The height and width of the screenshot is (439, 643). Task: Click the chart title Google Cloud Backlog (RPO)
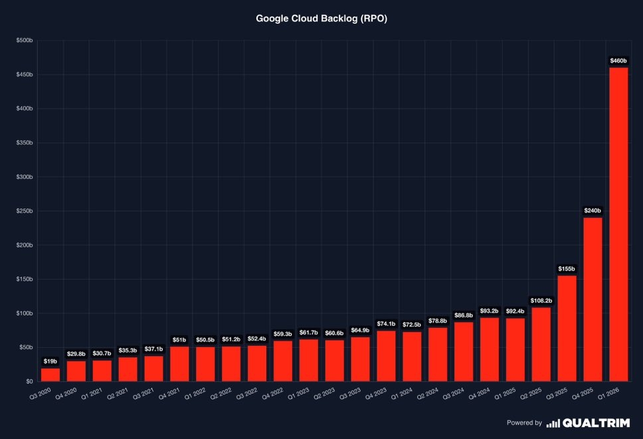(x=321, y=19)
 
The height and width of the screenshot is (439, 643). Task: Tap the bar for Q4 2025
(x=593, y=299)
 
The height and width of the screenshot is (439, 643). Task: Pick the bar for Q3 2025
(x=567, y=328)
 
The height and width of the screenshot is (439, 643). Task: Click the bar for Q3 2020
(x=50, y=374)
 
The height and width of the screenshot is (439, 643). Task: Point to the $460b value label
(x=618, y=61)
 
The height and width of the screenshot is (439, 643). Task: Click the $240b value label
(x=593, y=211)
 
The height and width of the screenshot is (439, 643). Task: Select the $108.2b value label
(x=541, y=300)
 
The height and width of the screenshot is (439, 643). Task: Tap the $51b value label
(x=179, y=339)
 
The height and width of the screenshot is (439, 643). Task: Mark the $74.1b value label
(x=386, y=324)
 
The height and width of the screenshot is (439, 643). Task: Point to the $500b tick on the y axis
(x=25, y=41)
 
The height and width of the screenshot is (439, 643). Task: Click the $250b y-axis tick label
(x=25, y=212)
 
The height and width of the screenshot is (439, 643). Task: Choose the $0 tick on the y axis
(x=29, y=382)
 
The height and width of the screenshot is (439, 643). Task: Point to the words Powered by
(x=524, y=423)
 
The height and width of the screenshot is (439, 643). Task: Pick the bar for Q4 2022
(x=283, y=361)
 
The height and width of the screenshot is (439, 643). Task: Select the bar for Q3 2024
(x=464, y=352)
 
